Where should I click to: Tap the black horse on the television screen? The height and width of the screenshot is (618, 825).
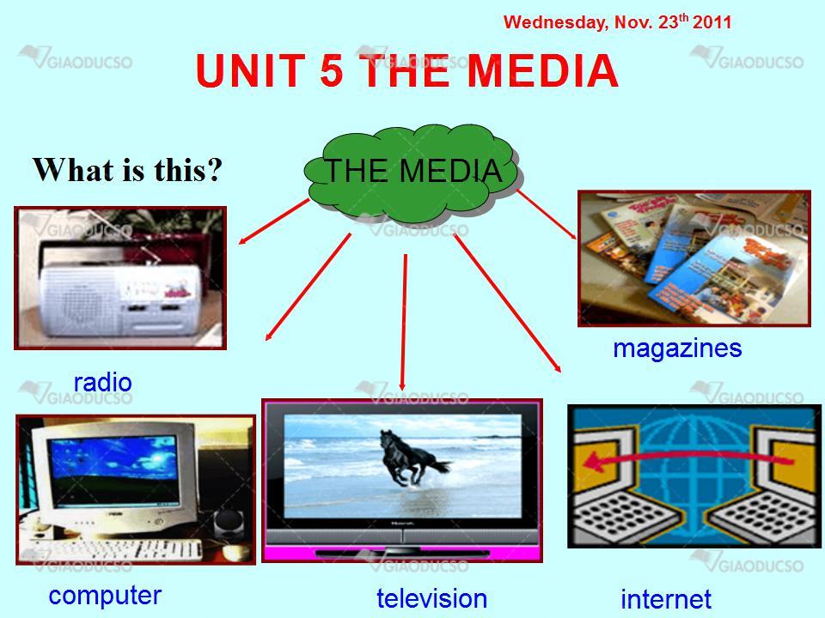tap(413, 457)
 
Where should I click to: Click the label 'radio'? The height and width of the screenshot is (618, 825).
tap(102, 383)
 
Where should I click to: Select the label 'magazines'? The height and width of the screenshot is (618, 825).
tap(677, 348)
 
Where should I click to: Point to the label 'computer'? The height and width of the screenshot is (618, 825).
tap(105, 596)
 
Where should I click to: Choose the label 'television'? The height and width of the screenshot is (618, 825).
tap(431, 598)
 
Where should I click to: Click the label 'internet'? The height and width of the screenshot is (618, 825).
tap(665, 599)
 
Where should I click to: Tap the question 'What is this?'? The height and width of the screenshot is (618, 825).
tap(127, 170)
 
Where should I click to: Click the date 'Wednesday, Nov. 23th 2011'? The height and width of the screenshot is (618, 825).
tap(617, 22)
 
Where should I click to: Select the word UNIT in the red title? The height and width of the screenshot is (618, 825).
tap(251, 70)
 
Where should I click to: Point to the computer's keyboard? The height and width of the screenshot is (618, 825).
tap(117, 550)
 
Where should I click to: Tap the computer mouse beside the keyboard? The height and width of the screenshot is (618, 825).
tap(235, 552)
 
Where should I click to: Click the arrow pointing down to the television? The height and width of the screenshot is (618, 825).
tap(404, 322)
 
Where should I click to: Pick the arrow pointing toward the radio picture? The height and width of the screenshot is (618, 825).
tap(273, 221)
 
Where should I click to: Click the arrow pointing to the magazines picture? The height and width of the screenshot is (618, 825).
tap(547, 215)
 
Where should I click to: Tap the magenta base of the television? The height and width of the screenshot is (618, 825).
tap(402, 554)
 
